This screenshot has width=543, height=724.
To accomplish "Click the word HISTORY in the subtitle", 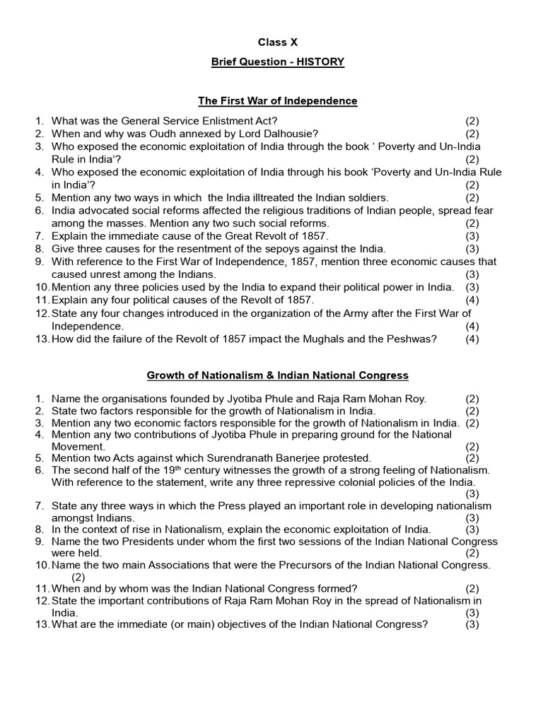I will click(x=321, y=62).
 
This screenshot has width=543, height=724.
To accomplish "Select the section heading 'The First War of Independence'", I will click(x=278, y=101).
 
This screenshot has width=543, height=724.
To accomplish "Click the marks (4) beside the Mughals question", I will click(x=472, y=339).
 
